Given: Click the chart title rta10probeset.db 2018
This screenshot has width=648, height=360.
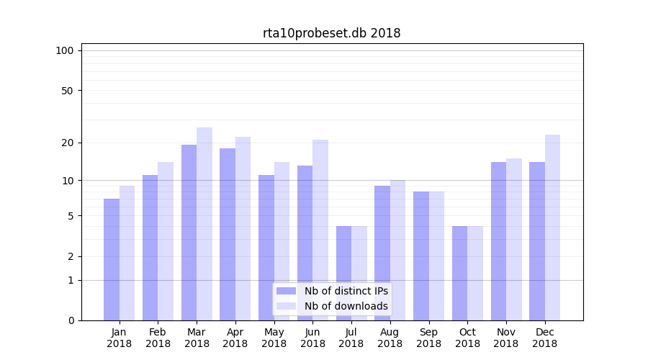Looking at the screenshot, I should [x=331, y=33].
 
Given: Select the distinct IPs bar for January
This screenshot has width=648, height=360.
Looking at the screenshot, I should [x=112, y=259].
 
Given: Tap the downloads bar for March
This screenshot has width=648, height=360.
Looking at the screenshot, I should [x=204, y=224].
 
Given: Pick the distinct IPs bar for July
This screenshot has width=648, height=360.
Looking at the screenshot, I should [x=343, y=273].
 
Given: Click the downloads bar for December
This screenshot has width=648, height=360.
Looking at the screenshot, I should [x=552, y=228].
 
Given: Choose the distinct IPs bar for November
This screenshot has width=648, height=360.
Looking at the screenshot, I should [x=498, y=241].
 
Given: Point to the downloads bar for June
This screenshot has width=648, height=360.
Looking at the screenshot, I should [x=320, y=230].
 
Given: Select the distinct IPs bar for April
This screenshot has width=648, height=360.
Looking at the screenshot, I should [x=228, y=234].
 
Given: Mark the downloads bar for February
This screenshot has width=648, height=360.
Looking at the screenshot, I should [x=166, y=241].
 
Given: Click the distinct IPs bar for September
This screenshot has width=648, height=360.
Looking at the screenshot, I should [x=421, y=256].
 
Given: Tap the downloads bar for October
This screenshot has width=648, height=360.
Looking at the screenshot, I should [x=475, y=273].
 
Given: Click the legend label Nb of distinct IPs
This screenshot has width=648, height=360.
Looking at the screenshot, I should [x=346, y=291].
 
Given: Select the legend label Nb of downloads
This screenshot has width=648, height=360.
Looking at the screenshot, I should [x=346, y=306].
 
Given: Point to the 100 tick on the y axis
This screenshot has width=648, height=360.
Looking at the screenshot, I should [x=65, y=50].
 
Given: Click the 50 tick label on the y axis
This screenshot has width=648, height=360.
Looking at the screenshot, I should [x=68, y=91].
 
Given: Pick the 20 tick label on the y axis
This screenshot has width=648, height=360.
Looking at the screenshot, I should [x=68, y=143].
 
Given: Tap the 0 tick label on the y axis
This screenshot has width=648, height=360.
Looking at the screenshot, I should [x=71, y=320].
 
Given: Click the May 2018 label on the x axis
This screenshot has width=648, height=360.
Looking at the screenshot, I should [x=274, y=338].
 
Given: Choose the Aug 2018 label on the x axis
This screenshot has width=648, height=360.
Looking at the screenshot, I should [x=390, y=338].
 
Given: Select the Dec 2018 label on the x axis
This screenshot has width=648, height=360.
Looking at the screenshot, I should [x=544, y=338].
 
